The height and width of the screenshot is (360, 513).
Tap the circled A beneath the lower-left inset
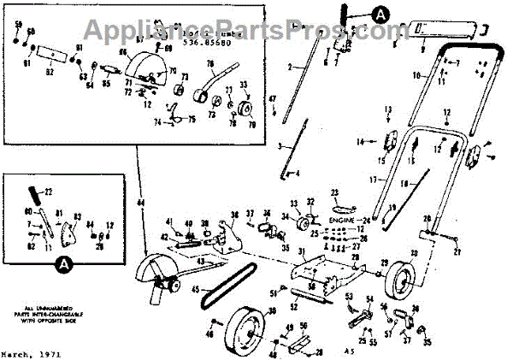62,266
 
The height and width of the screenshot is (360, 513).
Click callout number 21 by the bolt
457,253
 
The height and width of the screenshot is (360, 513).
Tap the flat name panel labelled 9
437,31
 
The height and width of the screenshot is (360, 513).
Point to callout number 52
292,304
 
